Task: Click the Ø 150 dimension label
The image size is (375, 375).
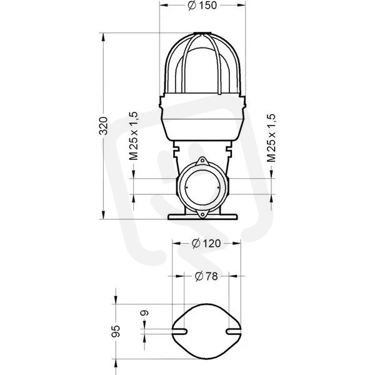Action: pos(202,5)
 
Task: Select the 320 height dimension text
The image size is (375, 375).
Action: pos(104,126)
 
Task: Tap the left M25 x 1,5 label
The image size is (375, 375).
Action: pos(134,136)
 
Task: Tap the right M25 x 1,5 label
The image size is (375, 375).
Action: pos(271,138)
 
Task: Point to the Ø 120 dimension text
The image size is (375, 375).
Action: pos(206,244)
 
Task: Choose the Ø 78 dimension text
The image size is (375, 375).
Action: pos(206,276)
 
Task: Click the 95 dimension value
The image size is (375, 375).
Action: pos(116,331)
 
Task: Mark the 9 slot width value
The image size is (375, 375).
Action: pos(144,313)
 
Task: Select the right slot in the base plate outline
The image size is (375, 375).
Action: pos(233,331)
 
